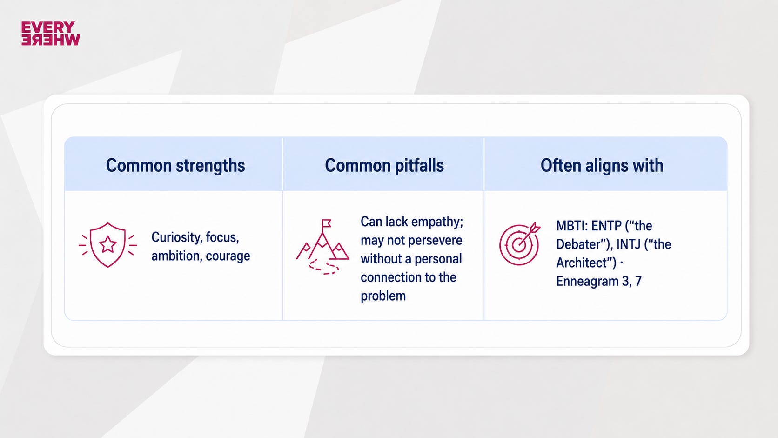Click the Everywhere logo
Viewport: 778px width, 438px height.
click(51, 34)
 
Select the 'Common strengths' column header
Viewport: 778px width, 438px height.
click(175, 165)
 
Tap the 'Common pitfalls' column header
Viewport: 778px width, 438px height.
click(384, 165)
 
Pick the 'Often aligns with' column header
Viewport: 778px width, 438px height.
click(602, 165)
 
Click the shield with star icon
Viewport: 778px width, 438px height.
click(107, 245)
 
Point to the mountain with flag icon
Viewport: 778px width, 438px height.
click(322, 247)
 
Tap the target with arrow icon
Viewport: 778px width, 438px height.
click(520, 244)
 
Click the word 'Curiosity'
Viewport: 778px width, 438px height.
click(176, 237)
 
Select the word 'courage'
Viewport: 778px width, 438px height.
click(228, 256)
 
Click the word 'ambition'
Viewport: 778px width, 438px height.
click(177, 256)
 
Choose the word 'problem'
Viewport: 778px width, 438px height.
click(383, 296)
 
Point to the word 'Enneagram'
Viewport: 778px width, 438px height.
click(587, 281)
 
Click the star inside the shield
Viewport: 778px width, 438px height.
click(107, 244)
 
